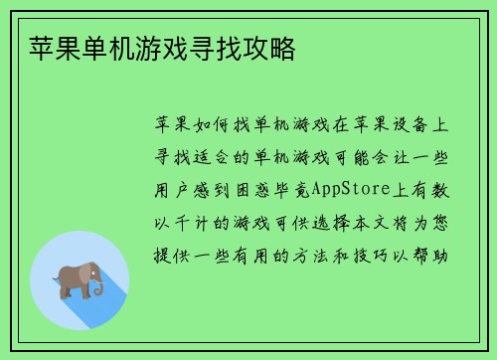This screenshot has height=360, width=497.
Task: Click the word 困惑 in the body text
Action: pos(264,188)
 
